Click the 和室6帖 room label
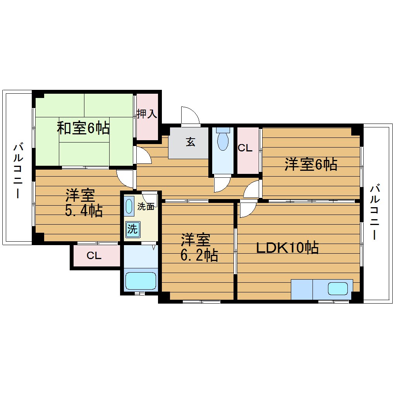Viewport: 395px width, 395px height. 83,128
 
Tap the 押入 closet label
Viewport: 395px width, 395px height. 146,114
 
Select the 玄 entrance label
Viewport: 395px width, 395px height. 190,142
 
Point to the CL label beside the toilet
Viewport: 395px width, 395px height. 246,148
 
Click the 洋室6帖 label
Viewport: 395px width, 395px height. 311,165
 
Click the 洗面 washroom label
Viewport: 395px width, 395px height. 146,207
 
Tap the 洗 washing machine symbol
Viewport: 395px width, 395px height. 132,229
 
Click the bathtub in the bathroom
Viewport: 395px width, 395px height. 141,280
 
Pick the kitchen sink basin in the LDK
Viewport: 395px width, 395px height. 338,289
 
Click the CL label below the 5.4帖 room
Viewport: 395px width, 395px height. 94,256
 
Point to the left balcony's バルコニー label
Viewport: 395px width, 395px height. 18,170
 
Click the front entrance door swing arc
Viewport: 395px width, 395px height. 190,115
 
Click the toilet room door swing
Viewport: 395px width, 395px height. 221,184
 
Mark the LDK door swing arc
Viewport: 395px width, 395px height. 247,210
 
